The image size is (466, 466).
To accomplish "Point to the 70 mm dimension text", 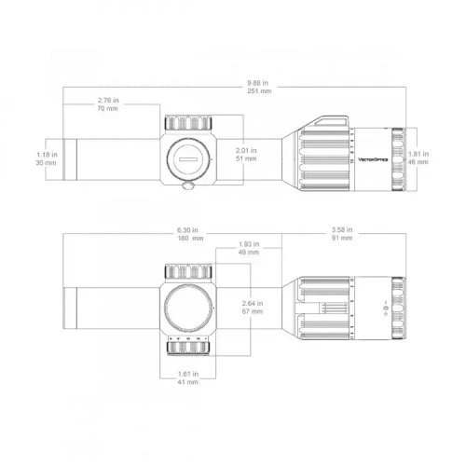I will [x=108, y=110].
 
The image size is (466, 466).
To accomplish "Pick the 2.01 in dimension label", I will [x=246, y=149].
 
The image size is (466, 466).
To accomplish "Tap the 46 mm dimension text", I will [x=419, y=162].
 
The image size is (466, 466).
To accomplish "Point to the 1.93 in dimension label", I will [x=249, y=243].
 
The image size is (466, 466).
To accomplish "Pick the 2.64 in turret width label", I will [x=250, y=302].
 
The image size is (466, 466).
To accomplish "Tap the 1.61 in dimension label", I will [x=186, y=373].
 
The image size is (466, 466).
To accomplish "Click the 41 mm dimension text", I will [x=186, y=382].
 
